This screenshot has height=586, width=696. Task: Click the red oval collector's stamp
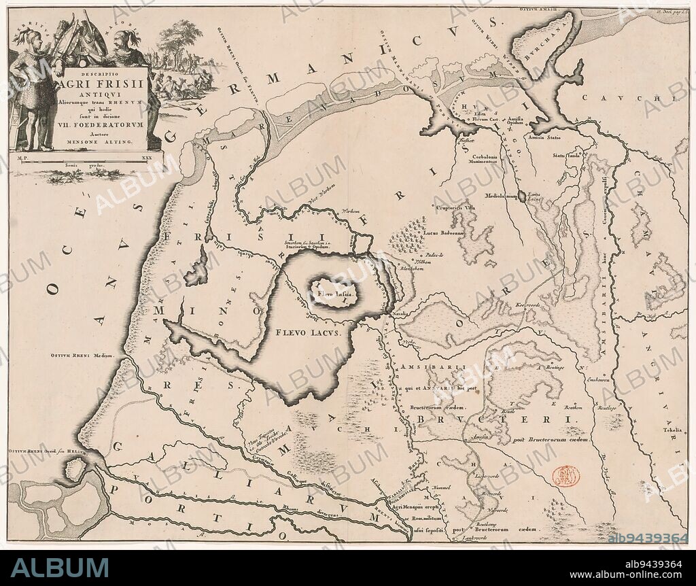566,477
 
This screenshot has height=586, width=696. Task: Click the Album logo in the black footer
60,568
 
